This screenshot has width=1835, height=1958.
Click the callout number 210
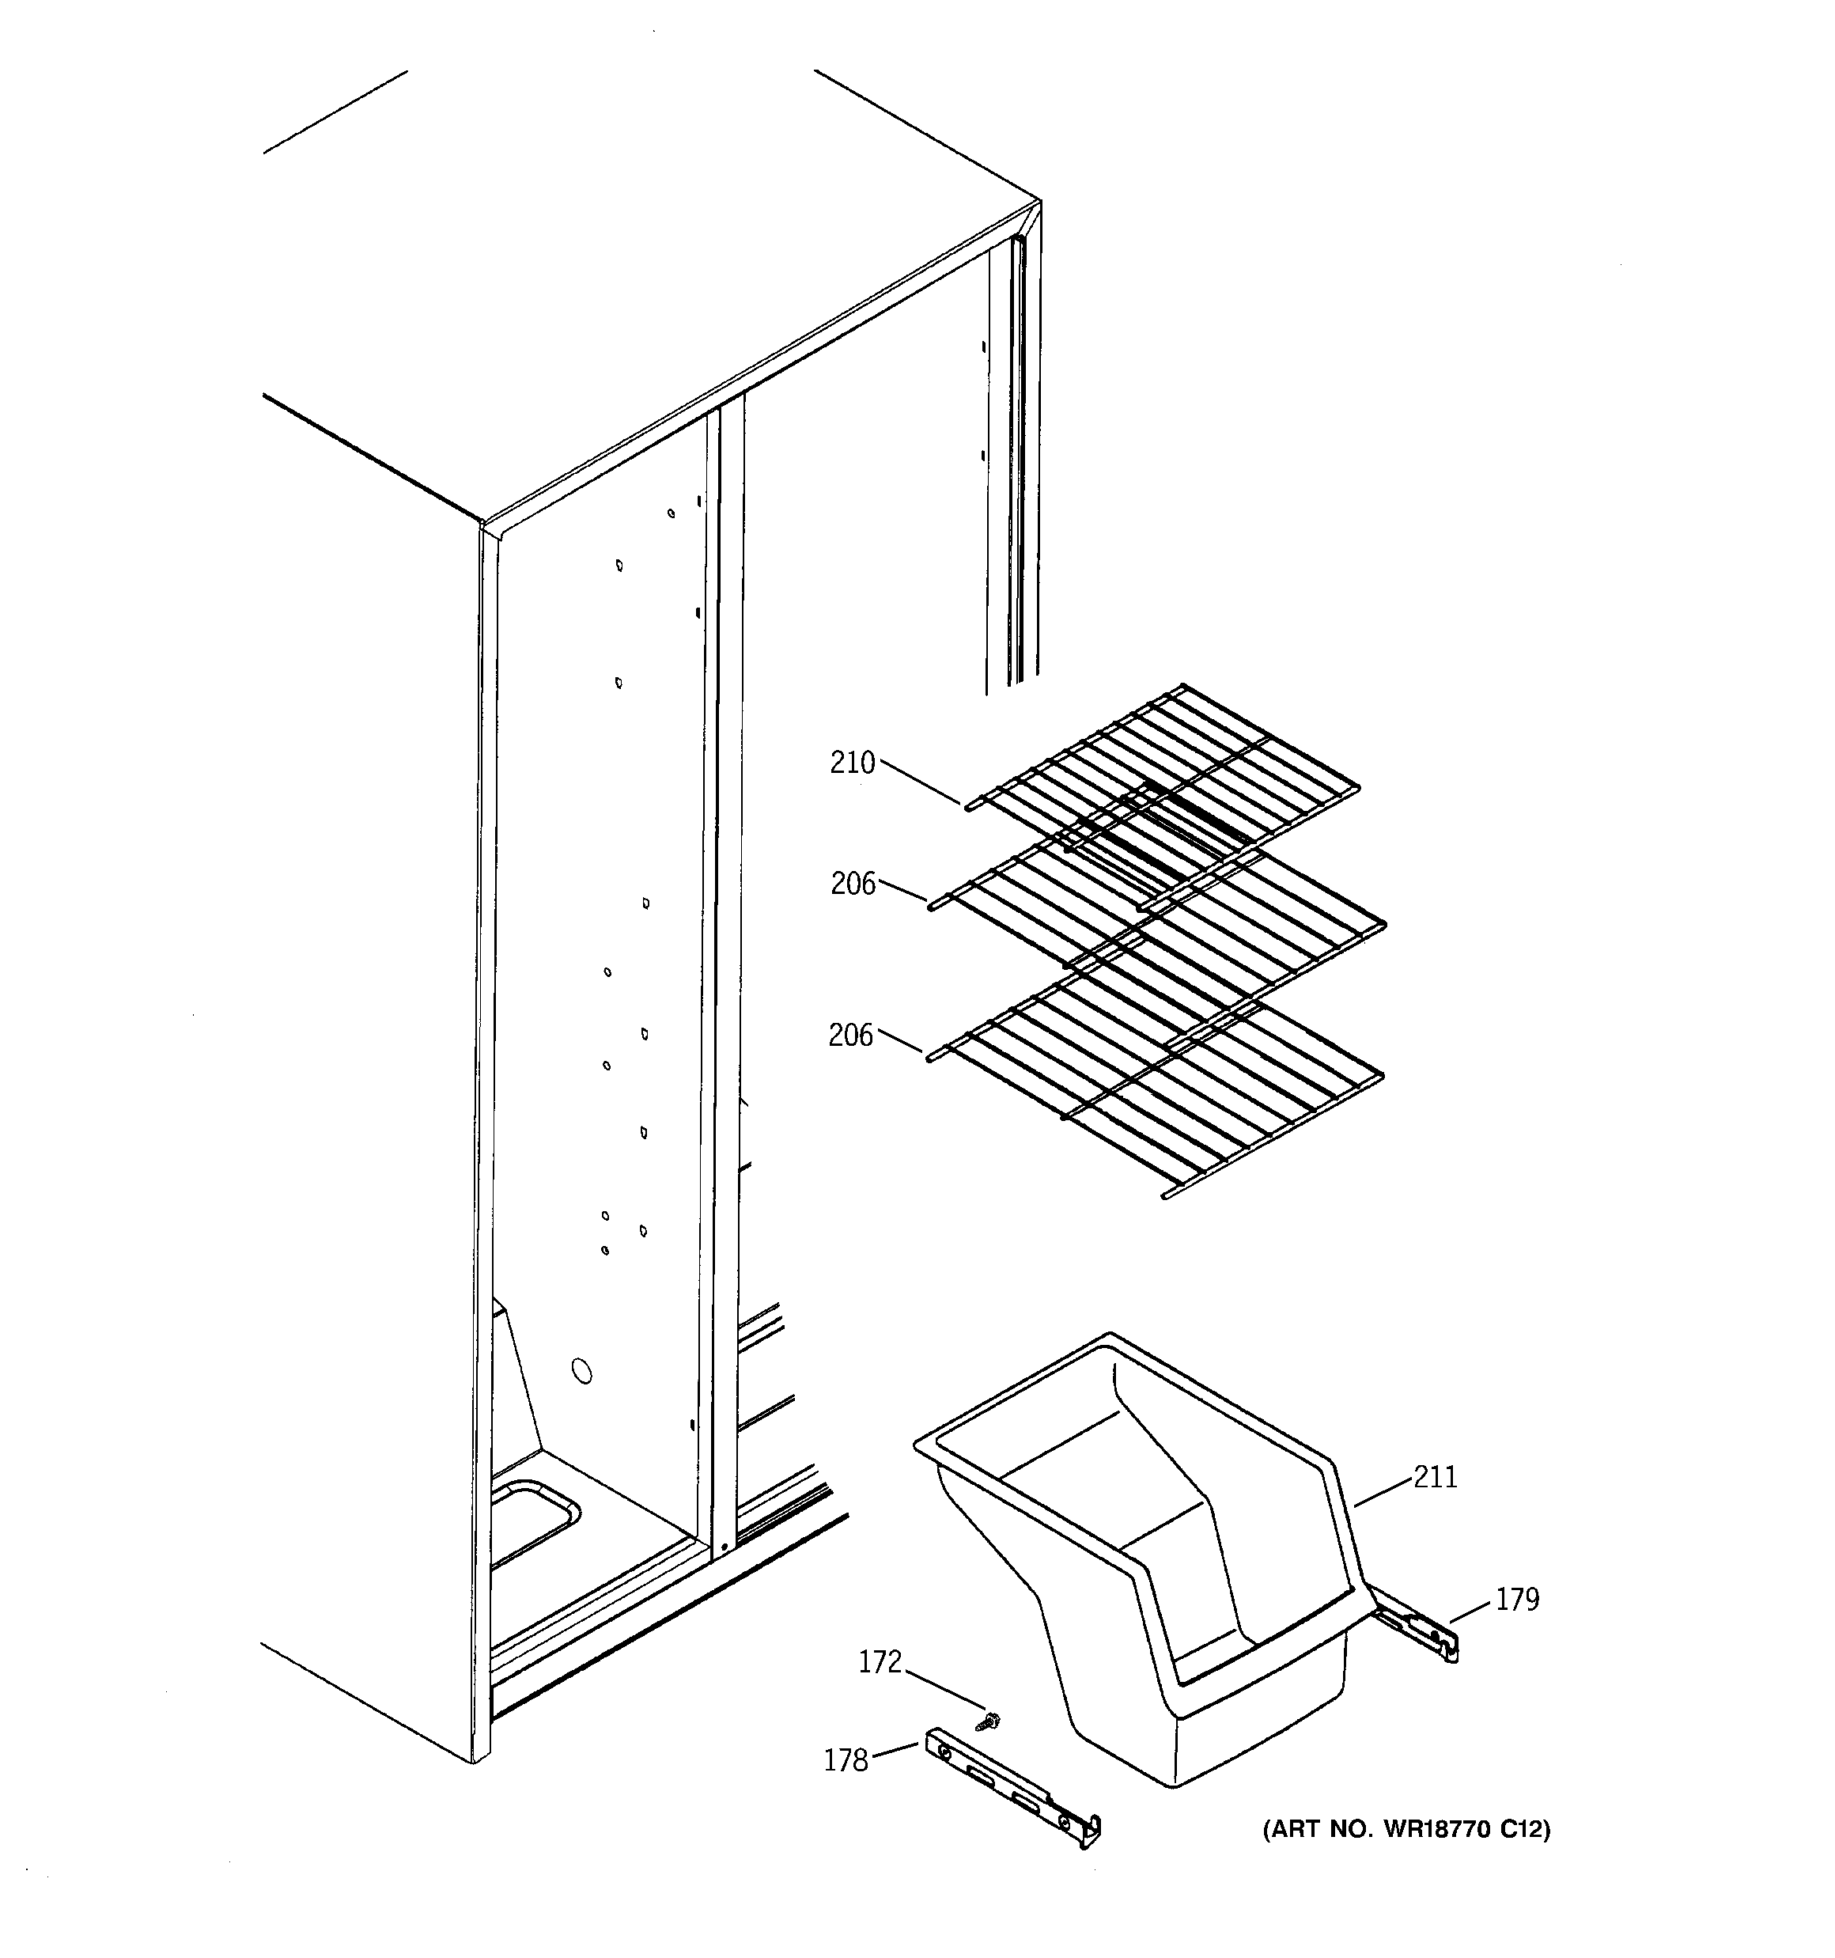852,763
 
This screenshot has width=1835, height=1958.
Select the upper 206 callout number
852,884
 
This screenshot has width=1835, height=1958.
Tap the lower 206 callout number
851,1035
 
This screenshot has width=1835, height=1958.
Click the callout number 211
1435,1477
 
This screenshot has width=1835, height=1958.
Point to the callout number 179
1517,1600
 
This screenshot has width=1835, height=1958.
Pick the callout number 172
880,1663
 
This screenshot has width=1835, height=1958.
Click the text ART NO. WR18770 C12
1406,1830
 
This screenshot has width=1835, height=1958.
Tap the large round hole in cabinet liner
582,1371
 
